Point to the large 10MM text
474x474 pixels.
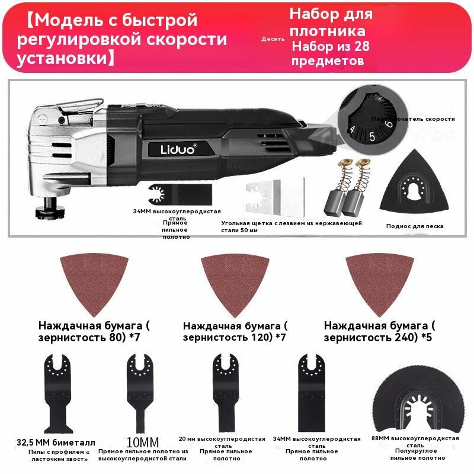pos(143,442)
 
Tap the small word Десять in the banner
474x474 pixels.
pos(273,39)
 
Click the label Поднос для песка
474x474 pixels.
pos(414,226)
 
